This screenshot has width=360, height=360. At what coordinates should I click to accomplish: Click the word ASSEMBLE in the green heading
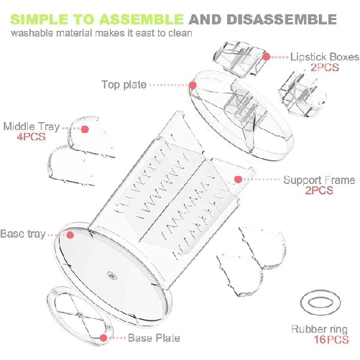coord(142,19)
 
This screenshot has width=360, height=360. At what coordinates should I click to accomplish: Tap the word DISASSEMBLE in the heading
coord(282,19)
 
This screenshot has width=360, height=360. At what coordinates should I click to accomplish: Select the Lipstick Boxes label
coord(325,57)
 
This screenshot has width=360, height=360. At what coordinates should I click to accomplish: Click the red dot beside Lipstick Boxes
coord(267,57)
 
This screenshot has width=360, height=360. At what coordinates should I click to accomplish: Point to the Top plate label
coord(124,85)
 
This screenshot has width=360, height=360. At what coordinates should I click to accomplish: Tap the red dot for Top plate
coord(193,85)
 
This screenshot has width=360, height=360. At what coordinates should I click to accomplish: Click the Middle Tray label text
coord(32,126)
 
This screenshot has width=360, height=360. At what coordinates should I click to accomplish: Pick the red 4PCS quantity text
coord(31,137)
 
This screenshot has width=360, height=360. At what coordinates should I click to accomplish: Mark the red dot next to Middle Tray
coord(85,129)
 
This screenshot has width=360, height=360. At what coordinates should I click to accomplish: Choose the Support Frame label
coord(319,180)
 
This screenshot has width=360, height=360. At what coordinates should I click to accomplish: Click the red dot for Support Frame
coord(238,180)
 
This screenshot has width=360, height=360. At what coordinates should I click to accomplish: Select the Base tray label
coord(23,234)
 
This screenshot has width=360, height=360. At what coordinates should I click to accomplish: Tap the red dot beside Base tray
coord(70,235)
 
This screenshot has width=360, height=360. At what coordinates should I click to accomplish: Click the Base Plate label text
coord(154,338)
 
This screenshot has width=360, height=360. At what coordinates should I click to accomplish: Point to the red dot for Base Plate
coord(103,338)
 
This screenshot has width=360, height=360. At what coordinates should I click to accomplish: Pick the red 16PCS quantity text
coord(331,340)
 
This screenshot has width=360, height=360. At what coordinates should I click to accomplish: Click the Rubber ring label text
coord(319,329)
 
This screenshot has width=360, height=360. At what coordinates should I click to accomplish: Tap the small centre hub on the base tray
coord(112,276)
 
